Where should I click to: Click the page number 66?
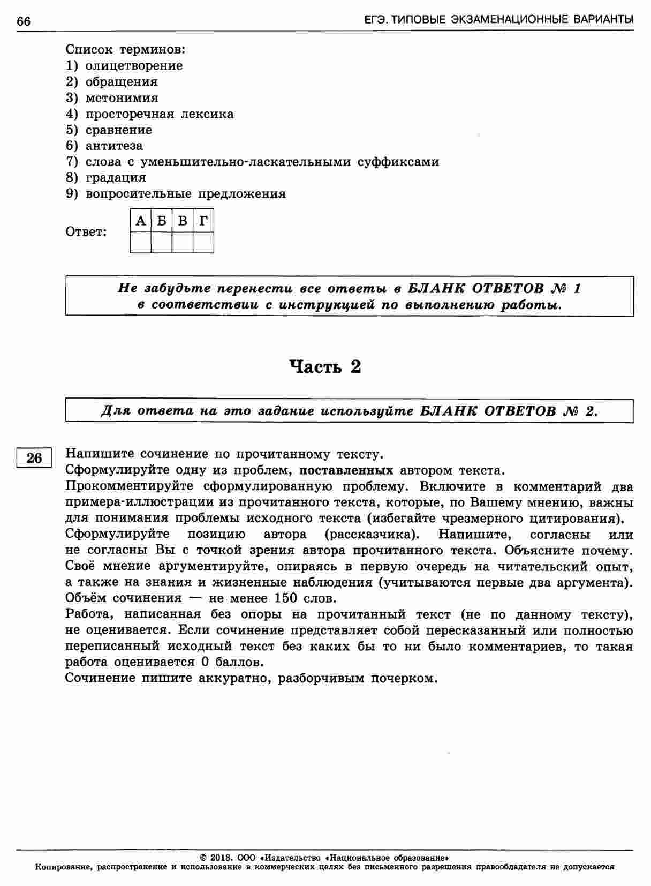tap(24, 21)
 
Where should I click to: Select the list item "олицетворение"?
tap(134, 66)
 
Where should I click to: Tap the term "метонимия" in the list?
tap(122, 98)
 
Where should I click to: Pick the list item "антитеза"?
tap(114, 146)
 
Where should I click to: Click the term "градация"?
tap(116, 177)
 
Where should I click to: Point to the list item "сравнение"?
tap(118, 130)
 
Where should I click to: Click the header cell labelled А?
tap(141, 221)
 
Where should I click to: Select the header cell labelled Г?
tap(203, 221)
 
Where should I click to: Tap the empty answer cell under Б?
tap(162, 242)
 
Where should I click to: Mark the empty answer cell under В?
tap(183, 242)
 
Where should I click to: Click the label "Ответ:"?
tap(86, 232)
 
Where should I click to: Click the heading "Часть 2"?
tap(325, 367)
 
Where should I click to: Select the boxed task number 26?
tap(34, 458)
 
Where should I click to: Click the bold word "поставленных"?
tap(346, 471)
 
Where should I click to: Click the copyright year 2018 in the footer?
tap(220, 857)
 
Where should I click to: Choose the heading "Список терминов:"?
tap(125, 50)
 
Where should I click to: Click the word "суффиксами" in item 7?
tap(398, 162)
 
